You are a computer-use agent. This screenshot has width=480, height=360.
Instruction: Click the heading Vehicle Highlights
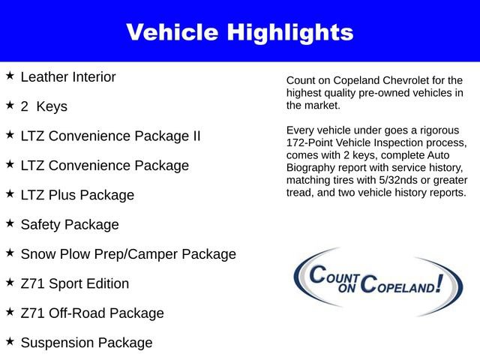[239, 32]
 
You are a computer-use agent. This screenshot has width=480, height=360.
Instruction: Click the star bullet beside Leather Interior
[10, 76]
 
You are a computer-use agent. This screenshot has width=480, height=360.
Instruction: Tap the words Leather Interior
[68, 77]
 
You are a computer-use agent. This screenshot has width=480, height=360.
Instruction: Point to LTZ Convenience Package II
[110, 136]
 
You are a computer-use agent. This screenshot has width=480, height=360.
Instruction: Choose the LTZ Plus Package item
[77, 195]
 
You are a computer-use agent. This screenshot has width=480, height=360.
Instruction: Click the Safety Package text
[70, 224]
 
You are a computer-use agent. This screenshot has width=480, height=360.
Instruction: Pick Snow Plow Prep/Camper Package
[128, 254]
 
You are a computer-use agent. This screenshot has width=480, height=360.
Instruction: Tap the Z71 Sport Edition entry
[75, 283]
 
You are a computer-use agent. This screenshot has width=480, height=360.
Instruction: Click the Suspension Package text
[86, 343]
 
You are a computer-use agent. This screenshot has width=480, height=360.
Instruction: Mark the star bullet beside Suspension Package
[10, 341]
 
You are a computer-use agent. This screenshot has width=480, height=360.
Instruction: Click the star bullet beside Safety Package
[10, 223]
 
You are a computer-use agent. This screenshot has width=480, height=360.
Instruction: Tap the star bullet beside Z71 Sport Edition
[10, 282]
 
